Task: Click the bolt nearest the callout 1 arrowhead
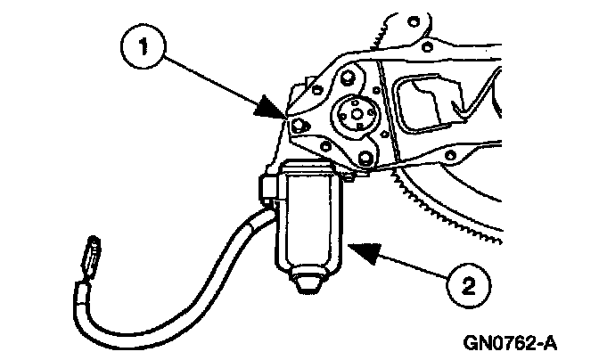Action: pos(298,124)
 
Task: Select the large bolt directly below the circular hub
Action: pos(365,160)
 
